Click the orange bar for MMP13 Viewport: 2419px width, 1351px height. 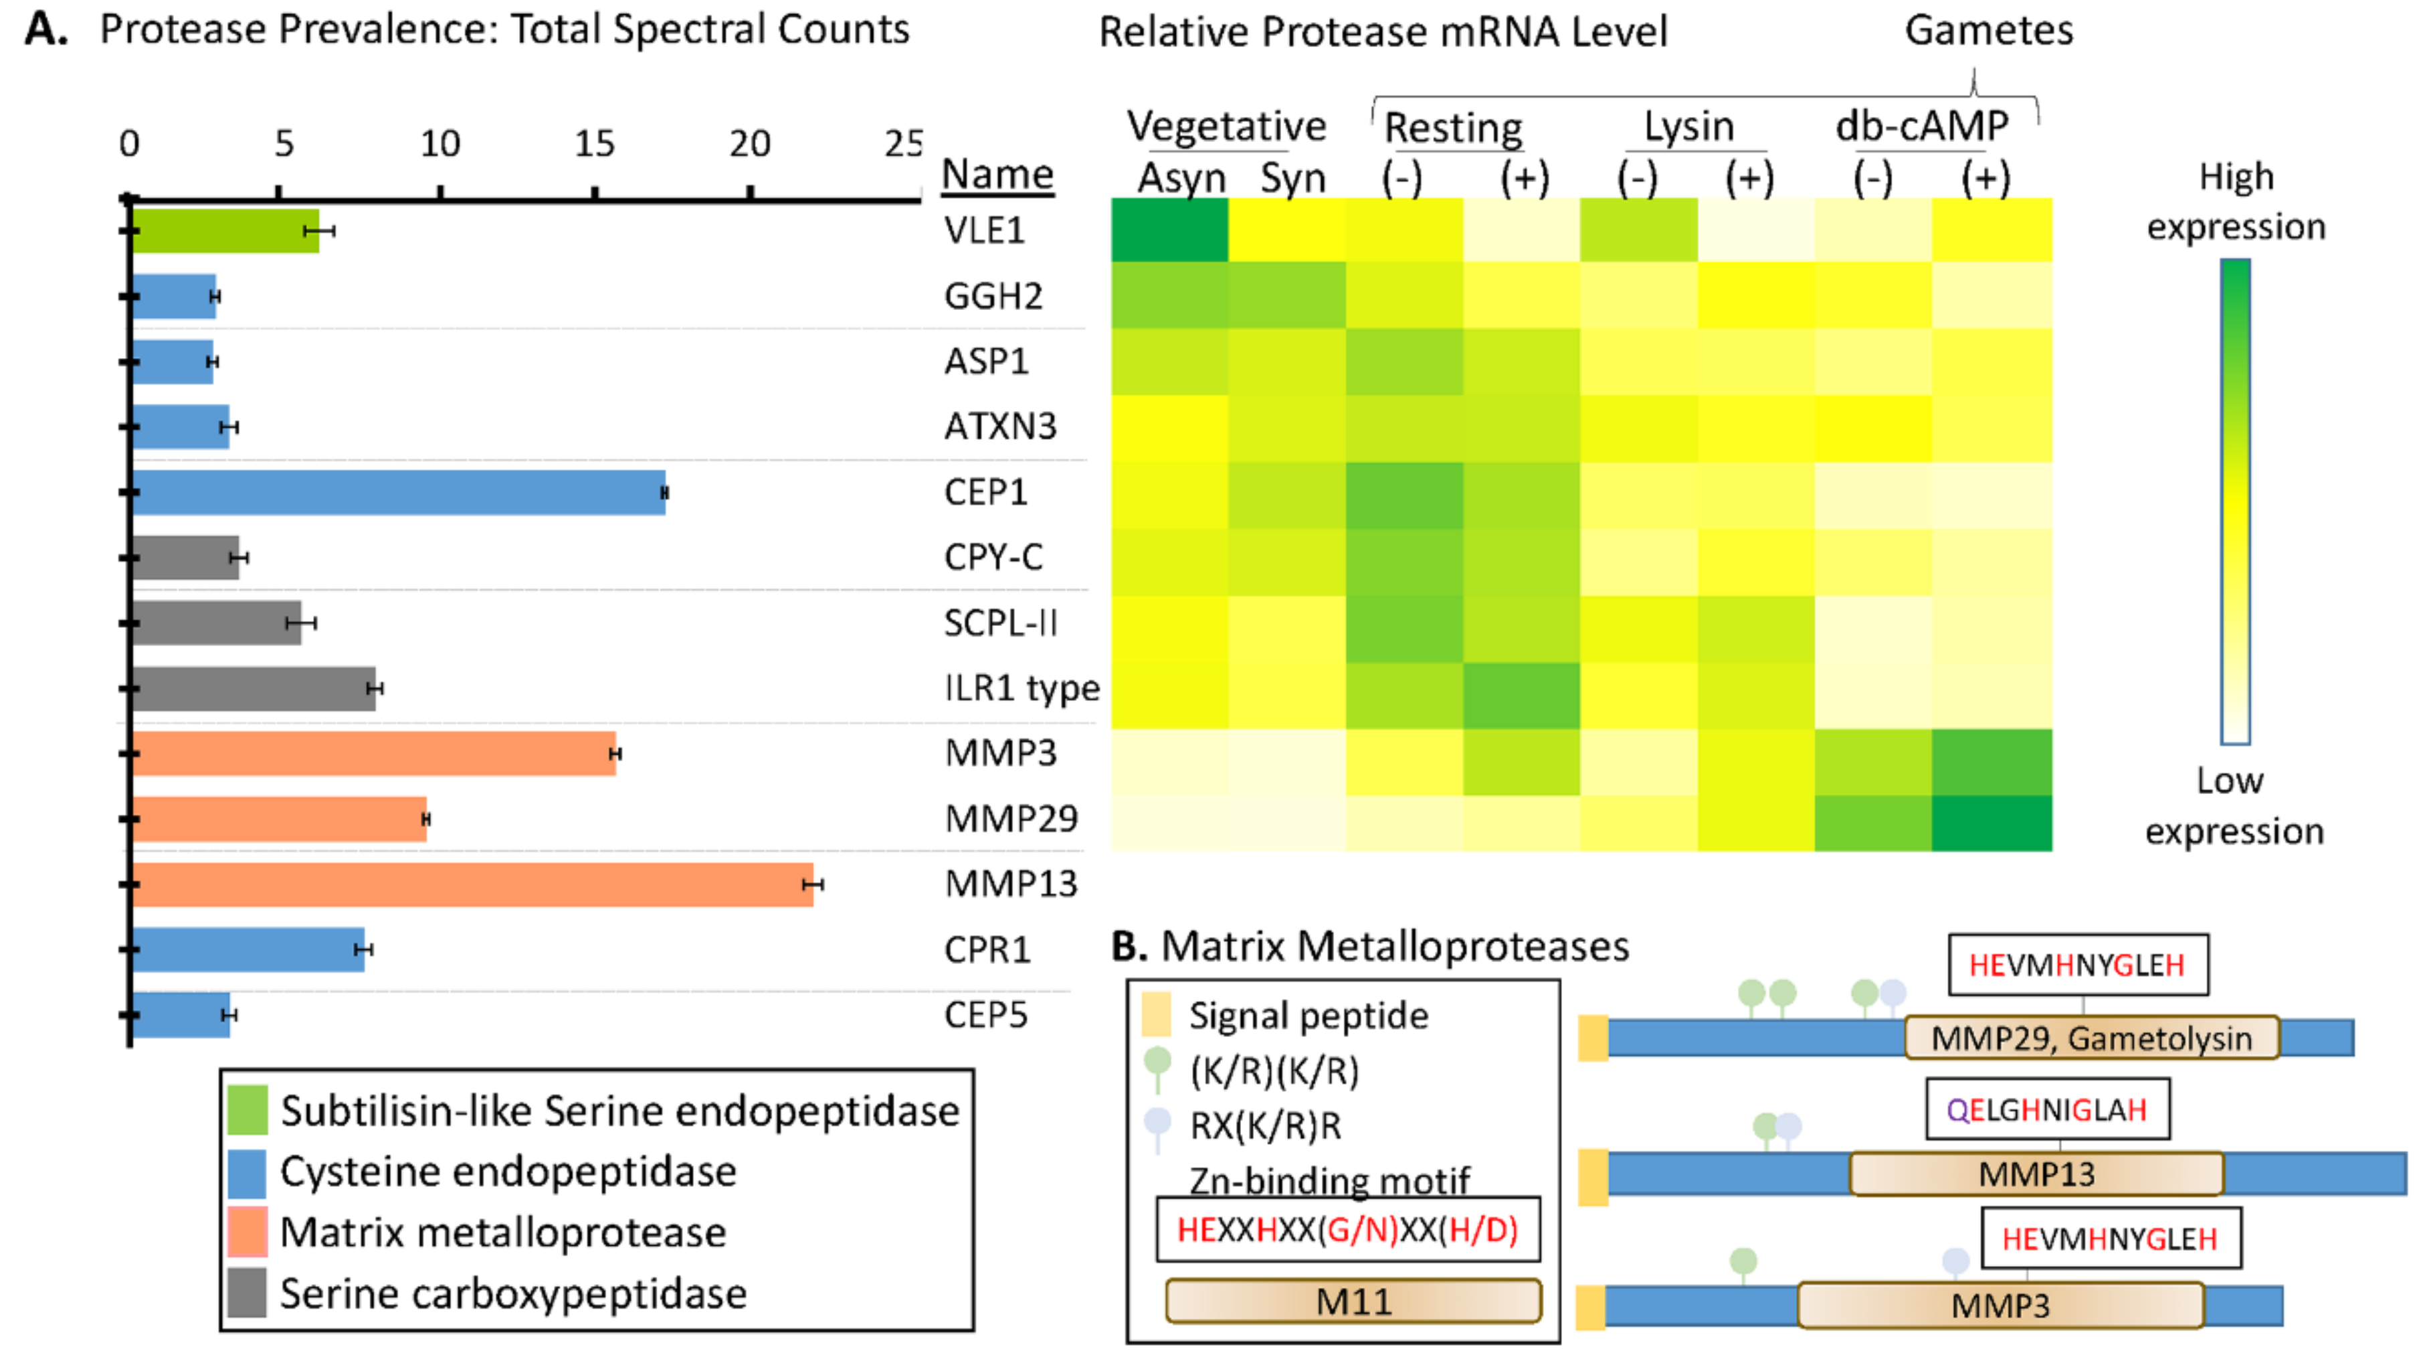click(x=472, y=884)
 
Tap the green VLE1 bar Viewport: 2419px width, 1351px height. click(x=225, y=231)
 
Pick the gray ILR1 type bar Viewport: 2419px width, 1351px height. click(x=254, y=689)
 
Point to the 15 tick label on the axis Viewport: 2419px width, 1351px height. click(x=595, y=144)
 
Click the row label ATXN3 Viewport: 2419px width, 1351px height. click(x=1000, y=426)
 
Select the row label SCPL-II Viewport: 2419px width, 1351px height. click(x=1000, y=623)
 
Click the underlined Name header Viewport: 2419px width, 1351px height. click(x=997, y=175)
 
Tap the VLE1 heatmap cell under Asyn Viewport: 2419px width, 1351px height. click(x=1169, y=230)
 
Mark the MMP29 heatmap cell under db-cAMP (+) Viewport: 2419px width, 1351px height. click(x=1991, y=822)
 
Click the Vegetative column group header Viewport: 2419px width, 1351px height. click(x=1226, y=126)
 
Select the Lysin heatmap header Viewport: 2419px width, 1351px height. click(x=1688, y=126)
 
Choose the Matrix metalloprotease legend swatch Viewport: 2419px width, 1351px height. click(x=247, y=1232)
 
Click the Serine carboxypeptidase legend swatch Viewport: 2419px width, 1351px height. click(x=247, y=1293)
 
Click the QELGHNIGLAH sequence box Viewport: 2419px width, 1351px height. click(x=2047, y=1109)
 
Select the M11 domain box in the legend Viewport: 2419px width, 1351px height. click(x=1353, y=1301)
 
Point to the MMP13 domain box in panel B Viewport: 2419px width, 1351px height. click(x=2036, y=1174)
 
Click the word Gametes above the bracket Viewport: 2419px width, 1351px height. click(x=1988, y=31)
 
